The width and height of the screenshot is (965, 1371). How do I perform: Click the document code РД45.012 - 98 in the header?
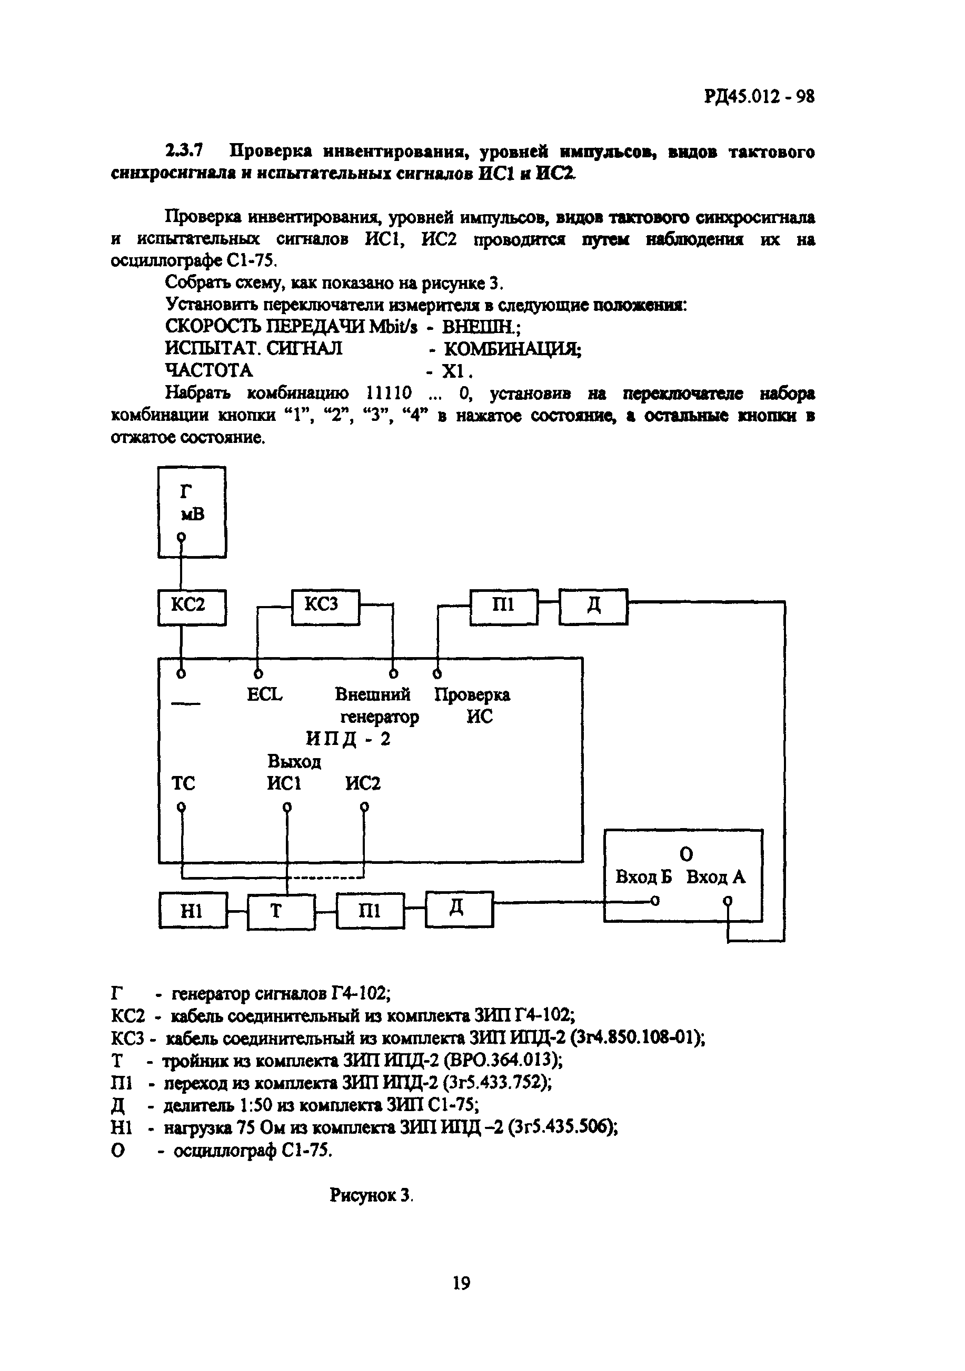pyautogui.click(x=759, y=96)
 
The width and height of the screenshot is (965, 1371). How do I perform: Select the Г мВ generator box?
pyautogui.click(x=192, y=512)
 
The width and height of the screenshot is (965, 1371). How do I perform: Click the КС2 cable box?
pyautogui.click(x=192, y=607)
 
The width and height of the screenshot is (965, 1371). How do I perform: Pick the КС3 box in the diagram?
pyautogui.click(x=325, y=606)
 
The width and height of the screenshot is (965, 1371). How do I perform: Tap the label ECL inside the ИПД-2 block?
pyautogui.click(x=264, y=694)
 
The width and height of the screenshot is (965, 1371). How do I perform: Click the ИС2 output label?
pyautogui.click(x=363, y=783)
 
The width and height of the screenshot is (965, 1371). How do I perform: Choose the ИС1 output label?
pyautogui.click(x=284, y=783)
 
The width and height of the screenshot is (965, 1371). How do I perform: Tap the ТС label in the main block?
pyautogui.click(x=183, y=783)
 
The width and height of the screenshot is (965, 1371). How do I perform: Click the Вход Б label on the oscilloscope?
pyautogui.click(x=643, y=876)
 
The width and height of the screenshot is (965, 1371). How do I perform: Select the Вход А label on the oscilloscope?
pyautogui.click(x=715, y=876)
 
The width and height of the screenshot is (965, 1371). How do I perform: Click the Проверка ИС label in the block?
pyautogui.click(x=472, y=705)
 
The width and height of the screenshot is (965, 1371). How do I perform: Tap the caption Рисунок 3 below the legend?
pyautogui.click(x=371, y=1195)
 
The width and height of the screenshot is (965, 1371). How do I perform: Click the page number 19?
pyautogui.click(x=461, y=1283)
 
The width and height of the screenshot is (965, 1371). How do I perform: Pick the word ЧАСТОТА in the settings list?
pyautogui.click(x=208, y=371)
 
